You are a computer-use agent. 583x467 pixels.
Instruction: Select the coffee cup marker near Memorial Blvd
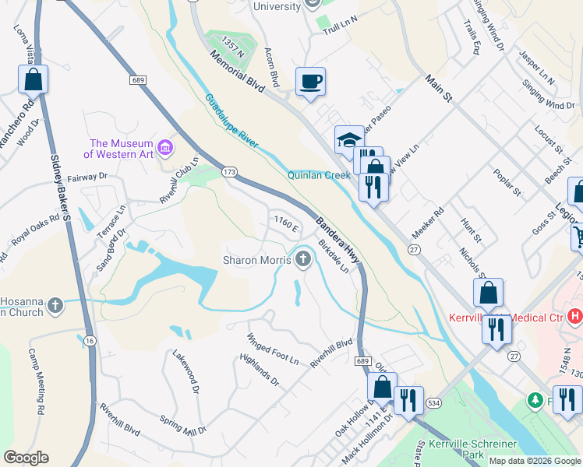[x=310, y=82]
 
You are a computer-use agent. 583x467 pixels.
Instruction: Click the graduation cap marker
[x=349, y=140]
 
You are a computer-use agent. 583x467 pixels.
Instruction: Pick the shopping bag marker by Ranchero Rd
[x=33, y=79]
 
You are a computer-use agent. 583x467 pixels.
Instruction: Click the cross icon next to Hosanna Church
[x=55, y=305]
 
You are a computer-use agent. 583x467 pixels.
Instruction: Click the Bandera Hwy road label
[x=338, y=237]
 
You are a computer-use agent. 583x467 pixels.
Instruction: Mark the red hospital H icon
[x=575, y=316]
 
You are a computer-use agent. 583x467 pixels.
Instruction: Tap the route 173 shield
[x=229, y=170]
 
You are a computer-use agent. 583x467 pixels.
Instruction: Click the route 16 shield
[x=90, y=340]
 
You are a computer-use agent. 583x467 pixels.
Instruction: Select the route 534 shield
[x=433, y=402]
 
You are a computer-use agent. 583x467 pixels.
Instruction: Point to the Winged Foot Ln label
[x=272, y=349]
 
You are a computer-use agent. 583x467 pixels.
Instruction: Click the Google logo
[x=26, y=458]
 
